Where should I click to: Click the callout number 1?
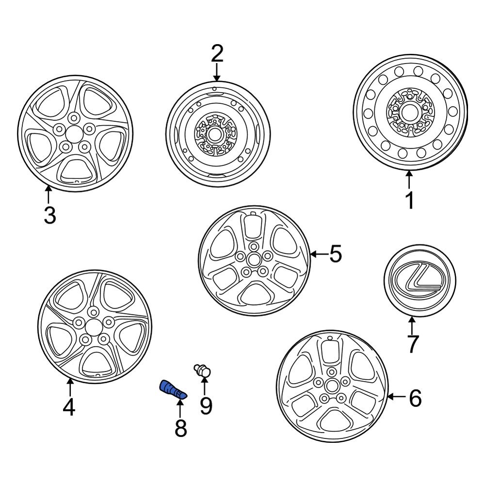(x=410, y=200)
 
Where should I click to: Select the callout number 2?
(x=216, y=54)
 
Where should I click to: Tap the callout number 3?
(x=49, y=215)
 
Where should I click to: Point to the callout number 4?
(x=69, y=407)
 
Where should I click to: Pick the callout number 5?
(x=336, y=254)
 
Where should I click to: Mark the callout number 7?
(x=412, y=344)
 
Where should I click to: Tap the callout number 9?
(x=206, y=405)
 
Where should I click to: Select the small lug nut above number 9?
(x=203, y=371)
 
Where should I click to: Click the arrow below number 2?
(x=216, y=73)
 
